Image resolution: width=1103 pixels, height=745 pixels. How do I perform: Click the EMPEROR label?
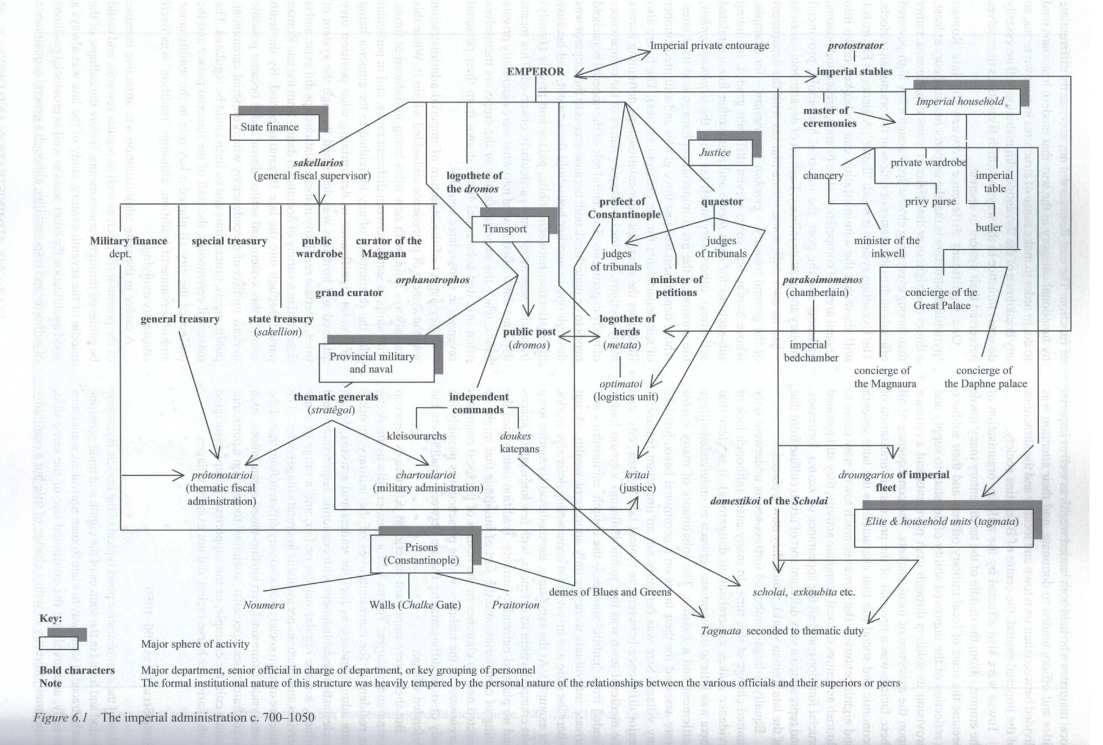click(535, 72)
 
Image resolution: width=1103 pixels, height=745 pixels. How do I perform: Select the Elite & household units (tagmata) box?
click(941, 522)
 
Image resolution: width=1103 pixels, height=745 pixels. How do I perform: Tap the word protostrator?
click(855, 45)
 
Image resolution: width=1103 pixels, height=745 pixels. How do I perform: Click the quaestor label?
click(721, 202)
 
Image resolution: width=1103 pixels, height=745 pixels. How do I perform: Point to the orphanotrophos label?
click(432, 280)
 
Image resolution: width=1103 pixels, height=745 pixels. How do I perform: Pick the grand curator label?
click(349, 293)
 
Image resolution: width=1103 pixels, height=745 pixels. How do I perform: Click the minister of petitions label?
click(676, 286)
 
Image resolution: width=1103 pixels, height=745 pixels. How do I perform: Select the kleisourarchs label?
click(416, 436)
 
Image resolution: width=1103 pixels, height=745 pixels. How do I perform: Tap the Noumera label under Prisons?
click(263, 605)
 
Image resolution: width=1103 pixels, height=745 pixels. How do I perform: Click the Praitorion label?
click(515, 605)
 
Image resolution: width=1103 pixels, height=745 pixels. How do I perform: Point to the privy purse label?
click(930, 202)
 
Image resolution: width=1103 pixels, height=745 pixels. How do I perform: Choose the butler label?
click(988, 228)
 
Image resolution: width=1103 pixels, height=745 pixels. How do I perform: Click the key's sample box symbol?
click(59, 643)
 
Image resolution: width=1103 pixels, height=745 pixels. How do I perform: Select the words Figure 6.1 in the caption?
click(61, 717)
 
